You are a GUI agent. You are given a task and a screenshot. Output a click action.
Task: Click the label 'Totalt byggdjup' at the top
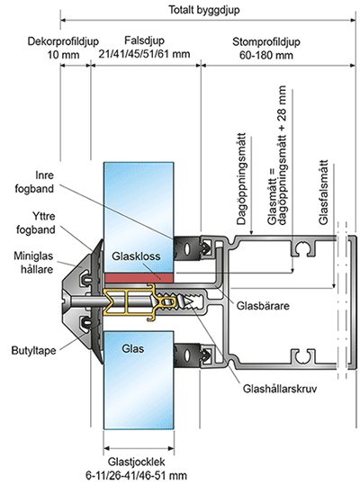click(204, 10)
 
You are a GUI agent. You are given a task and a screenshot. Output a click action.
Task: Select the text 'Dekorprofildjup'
click(63, 41)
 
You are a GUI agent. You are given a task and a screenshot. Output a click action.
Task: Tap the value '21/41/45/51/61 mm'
click(144, 54)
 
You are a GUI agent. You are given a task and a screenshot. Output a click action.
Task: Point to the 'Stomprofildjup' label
click(266, 41)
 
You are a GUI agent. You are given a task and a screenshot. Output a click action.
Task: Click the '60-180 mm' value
click(266, 56)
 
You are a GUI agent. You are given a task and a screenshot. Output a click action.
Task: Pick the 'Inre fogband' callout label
click(34, 182)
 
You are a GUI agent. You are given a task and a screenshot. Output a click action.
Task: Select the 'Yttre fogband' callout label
click(36, 223)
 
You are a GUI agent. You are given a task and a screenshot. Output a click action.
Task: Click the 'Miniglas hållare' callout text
click(33, 263)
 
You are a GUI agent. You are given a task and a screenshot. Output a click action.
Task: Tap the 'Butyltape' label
click(33, 351)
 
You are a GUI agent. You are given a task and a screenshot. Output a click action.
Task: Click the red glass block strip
click(139, 278)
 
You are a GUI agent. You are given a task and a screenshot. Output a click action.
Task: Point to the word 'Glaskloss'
click(136, 256)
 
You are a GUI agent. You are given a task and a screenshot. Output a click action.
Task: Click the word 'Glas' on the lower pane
click(133, 349)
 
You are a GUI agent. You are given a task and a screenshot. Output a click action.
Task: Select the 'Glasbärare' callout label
click(263, 306)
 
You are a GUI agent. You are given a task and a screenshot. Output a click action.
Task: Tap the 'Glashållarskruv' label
click(280, 389)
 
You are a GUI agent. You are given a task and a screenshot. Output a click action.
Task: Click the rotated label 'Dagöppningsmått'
click(241, 179)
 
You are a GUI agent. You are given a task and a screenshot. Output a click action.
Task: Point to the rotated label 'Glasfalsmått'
click(323, 192)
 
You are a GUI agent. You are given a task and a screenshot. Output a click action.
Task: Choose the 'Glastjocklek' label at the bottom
click(137, 462)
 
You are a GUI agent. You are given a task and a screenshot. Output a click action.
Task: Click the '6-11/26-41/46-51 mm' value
click(137, 475)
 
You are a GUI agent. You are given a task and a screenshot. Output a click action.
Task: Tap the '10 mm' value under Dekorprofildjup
click(63, 55)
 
